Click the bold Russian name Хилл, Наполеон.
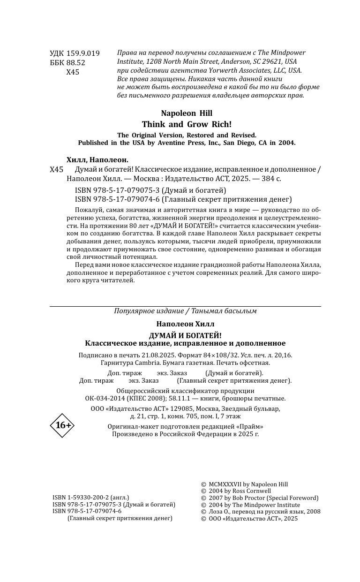[x=97, y=160]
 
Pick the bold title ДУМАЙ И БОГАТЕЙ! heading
[x=185, y=335]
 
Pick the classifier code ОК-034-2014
[x=105, y=398]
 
